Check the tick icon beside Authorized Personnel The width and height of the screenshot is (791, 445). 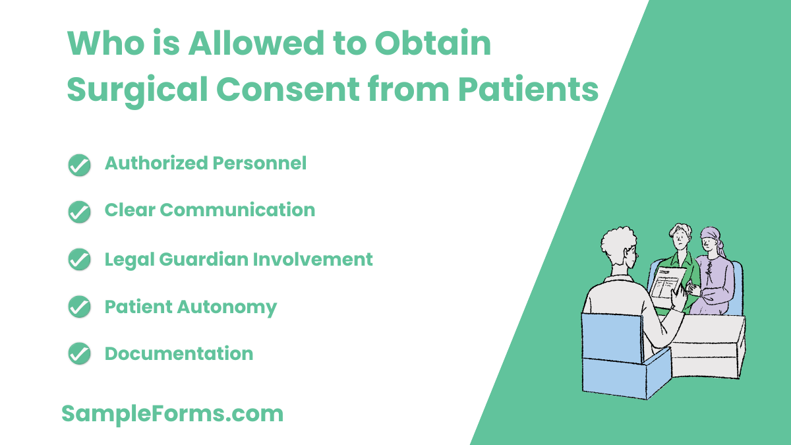pyautogui.click(x=79, y=165)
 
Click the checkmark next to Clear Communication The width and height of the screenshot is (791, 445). pyautogui.click(x=79, y=212)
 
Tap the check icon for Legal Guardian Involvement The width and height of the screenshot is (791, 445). pyautogui.click(x=79, y=260)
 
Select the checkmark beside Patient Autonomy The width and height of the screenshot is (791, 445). pyautogui.click(x=79, y=307)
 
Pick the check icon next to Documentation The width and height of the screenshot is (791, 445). pyautogui.click(x=79, y=354)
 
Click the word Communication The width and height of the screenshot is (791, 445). pyautogui.click(x=237, y=210)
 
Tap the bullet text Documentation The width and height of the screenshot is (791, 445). pyautogui.click(x=179, y=353)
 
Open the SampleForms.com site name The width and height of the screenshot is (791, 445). pyautogui.click(x=172, y=413)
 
